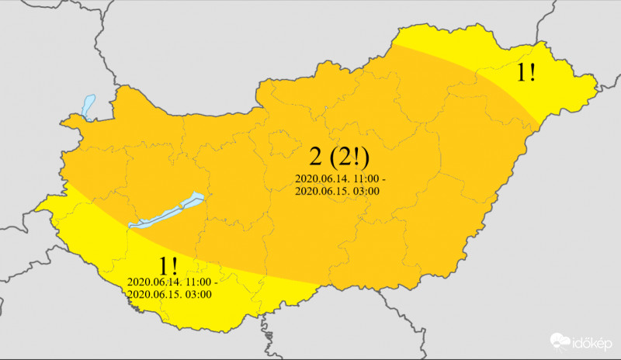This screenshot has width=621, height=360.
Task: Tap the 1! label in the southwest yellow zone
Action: (167, 264)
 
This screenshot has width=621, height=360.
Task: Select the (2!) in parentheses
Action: (349, 157)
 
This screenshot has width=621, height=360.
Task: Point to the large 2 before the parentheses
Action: (315, 157)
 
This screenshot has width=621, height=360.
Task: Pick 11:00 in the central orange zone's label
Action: (366, 178)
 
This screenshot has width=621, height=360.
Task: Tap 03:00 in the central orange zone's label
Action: (364, 191)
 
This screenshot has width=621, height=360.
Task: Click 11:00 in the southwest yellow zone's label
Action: (197, 281)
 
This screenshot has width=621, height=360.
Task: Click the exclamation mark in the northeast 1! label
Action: (533, 74)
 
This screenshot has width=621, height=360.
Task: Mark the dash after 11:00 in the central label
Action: (383, 178)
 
